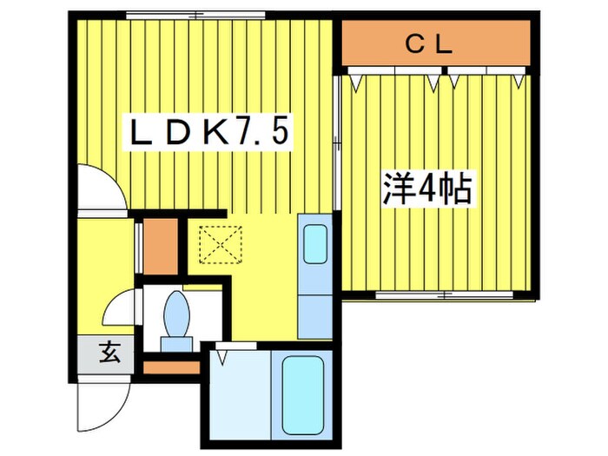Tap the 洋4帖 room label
pyautogui.click(x=426, y=189)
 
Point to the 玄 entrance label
pyautogui.click(x=109, y=353)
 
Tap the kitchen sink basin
pyautogui.click(x=314, y=247)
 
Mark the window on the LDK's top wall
pyautogui.click(x=195, y=15)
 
